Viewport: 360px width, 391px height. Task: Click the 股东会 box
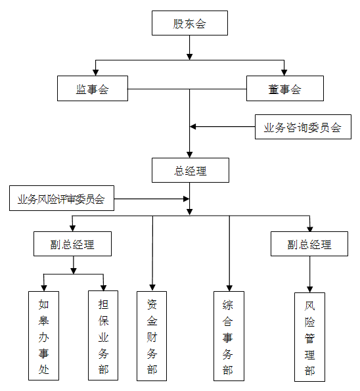tap(190, 23)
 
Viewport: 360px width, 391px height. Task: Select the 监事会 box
tap(93, 89)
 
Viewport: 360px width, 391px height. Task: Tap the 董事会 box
tap(285, 89)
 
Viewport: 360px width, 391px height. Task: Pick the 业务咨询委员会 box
tap(303, 127)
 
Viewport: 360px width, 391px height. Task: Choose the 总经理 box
tap(191, 170)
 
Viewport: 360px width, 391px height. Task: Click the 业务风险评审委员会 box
tap(62, 198)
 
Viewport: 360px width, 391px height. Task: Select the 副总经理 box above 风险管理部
tap(309, 244)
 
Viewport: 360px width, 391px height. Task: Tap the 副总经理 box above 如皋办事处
tap(72, 244)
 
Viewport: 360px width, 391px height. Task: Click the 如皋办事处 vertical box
tap(43, 336)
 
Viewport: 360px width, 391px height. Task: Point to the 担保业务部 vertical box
tap(103, 335)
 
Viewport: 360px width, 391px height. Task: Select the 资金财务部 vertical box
tap(152, 336)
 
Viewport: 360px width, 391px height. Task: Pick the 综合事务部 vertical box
tap(229, 336)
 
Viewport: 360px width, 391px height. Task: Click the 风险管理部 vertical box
tap(309, 337)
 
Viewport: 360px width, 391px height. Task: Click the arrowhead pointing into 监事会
tap(95, 72)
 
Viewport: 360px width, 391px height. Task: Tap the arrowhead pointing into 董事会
tap(284, 72)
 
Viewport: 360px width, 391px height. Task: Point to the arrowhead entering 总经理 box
tap(190, 154)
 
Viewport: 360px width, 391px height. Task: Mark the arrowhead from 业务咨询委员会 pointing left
tap(193, 127)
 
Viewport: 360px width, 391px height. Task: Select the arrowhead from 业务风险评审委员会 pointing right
tap(186, 198)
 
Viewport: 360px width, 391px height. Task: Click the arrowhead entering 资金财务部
tap(152, 288)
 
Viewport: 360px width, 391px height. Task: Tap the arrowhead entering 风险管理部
tap(309, 289)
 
